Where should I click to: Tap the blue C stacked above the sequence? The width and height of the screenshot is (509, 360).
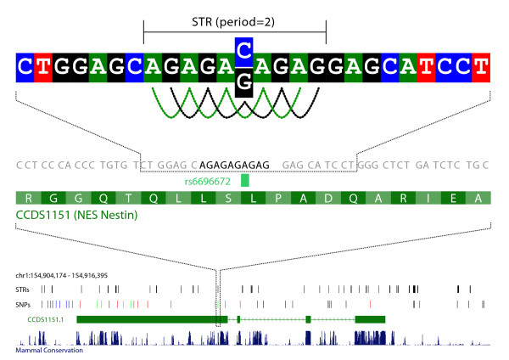pyautogui.click(x=243, y=50)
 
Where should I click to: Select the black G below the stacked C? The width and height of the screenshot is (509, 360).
pyautogui.click(x=243, y=80)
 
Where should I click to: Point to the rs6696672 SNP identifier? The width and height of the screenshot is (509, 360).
pyautogui.click(x=210, y=181)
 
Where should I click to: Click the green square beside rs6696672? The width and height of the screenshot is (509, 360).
pyautogui.click(x=245, y=180)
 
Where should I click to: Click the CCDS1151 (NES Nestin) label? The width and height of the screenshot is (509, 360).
pyautogui.click(x=76, y=217)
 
